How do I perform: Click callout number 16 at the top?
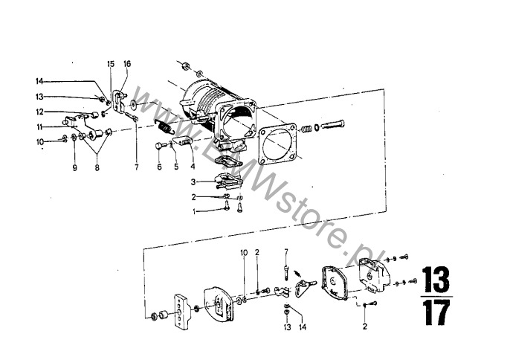(x=127, y=64)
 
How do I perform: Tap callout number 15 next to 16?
(x=111, y=64)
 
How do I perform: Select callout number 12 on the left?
(x=39, y=112)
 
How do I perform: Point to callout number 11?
(x=39, y=127)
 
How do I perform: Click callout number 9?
(x=75, y=167)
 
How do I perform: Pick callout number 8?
(x=97, y=168)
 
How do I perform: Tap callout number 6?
(x=159, y=167)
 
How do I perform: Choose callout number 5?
(x=176, y=167)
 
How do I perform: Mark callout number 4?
(x=193, y=167)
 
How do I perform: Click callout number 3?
(x=193, y=182)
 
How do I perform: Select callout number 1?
(x=195, y=212)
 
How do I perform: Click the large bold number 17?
(x=437, y=312)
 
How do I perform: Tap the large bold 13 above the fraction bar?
(x=436, y=280)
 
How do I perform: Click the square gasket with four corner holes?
(x=277, y=144)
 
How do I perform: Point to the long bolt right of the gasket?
(x=332, y=125)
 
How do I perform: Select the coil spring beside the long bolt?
(x=307, y=129)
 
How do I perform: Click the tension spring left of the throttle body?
(x=164, y=126)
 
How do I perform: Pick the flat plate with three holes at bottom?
(x=180, y=312)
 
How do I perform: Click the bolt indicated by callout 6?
(x=161, y=146)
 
